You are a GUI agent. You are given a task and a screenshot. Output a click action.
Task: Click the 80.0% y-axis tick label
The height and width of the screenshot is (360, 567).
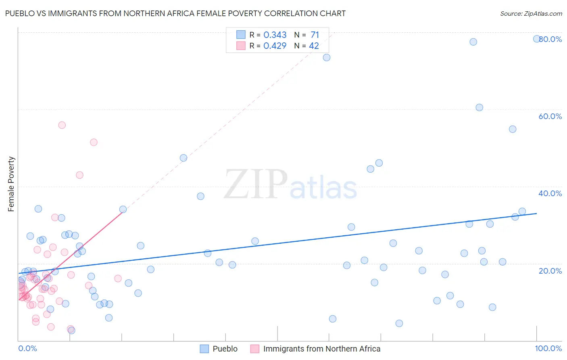550,39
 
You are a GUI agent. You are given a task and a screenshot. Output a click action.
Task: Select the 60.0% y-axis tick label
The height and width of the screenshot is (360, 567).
550,116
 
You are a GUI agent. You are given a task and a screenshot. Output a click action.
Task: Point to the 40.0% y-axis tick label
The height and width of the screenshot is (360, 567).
550,193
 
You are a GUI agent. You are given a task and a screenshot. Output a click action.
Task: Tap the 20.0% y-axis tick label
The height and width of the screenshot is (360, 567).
550,270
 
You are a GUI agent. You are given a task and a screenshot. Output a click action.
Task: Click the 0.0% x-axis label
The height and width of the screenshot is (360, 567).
27,348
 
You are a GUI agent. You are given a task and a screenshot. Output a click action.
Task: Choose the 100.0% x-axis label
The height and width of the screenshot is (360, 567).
548,348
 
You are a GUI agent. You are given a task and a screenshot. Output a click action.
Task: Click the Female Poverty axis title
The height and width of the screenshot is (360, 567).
11,184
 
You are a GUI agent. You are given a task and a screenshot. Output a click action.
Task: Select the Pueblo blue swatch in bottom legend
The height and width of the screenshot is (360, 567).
204,349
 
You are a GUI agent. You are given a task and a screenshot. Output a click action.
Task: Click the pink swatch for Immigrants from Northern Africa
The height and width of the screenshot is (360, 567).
255,349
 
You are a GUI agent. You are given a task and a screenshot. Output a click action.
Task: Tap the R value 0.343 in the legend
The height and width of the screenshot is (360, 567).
275,35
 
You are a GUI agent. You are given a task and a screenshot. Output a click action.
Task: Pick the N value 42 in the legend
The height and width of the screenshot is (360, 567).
314,46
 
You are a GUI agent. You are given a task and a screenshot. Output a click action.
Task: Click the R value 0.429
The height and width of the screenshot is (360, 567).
275,46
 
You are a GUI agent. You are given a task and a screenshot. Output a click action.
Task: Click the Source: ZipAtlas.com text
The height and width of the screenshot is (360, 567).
531,13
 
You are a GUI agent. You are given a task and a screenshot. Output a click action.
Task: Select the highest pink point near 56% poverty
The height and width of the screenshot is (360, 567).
62,125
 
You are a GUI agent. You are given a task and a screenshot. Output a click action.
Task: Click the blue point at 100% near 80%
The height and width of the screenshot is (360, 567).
537,39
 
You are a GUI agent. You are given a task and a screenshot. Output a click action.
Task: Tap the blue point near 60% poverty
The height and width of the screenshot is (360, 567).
479,107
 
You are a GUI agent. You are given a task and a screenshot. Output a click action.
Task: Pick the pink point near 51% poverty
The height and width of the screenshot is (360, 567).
94,142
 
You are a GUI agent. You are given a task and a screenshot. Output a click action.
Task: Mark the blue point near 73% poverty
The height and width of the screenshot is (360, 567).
327,57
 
